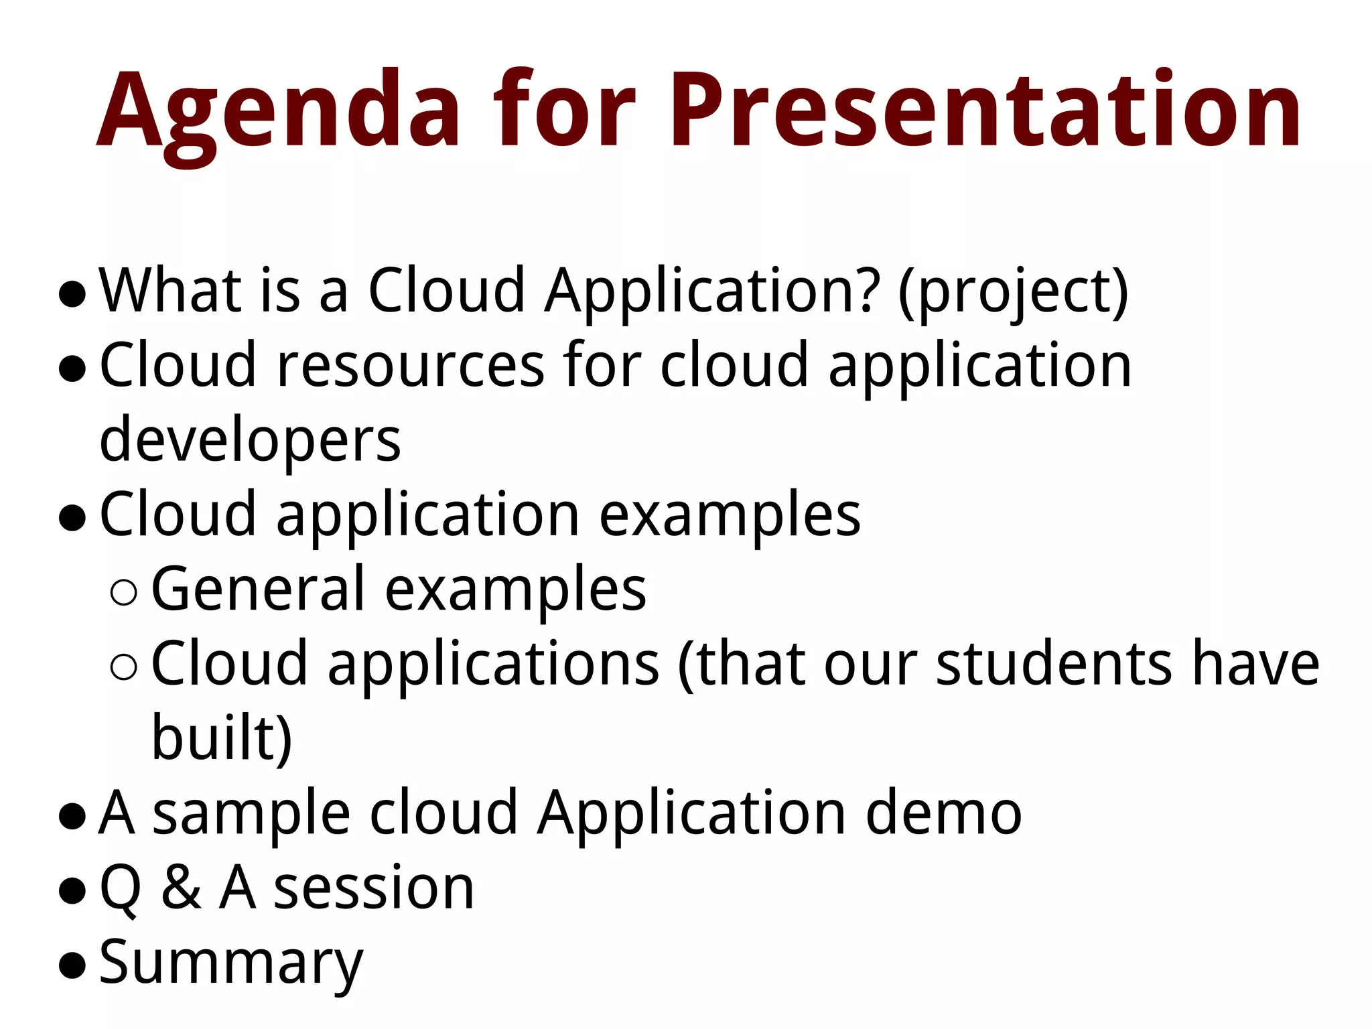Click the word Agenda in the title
pos(278,111)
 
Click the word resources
pos(410,366)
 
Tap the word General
pos(259,590)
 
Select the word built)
pos(222,739)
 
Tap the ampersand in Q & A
pos(181,888)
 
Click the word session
pos(374,888)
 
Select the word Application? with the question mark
pos(710,291)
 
